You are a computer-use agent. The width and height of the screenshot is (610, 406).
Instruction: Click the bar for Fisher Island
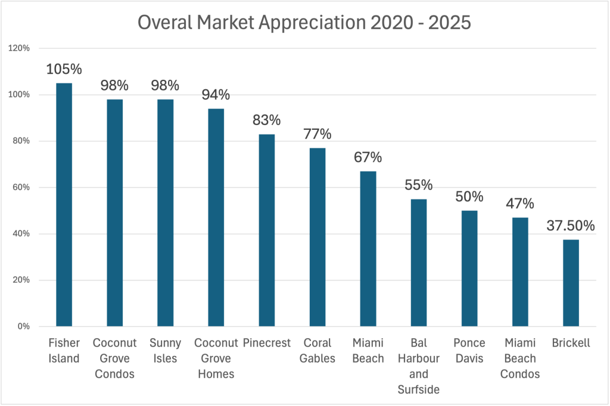point(64,205)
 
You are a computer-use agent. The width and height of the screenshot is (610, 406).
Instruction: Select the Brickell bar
point(570,283)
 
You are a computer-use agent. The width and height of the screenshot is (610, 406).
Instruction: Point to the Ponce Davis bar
point(469,268)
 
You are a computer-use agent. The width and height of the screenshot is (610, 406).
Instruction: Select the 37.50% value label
point(570,226)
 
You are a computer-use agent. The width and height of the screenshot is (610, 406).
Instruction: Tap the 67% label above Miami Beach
point(368,158)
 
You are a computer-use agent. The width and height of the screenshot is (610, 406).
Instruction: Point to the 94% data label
point(216,95)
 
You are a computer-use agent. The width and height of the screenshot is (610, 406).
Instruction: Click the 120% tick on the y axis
point(20,49)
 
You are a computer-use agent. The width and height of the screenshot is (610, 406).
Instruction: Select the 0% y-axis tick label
point(23,326)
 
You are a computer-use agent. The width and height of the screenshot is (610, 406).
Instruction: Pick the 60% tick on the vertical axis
point(21,188)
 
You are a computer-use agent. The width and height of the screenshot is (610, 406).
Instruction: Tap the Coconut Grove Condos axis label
point(114,358)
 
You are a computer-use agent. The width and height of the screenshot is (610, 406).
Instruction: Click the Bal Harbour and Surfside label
point(418,366)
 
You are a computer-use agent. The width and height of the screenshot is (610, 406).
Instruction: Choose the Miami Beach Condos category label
point(519,358)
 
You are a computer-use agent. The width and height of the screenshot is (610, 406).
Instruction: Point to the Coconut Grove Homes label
point(216,358)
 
